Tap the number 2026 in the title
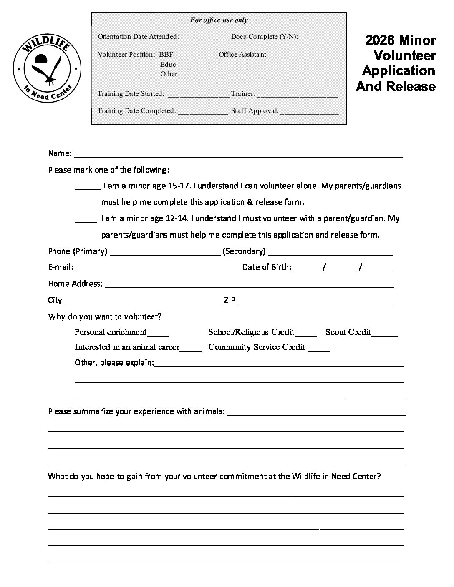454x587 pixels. (x=379, y=40)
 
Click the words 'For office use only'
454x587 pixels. (x=219, y=20)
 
